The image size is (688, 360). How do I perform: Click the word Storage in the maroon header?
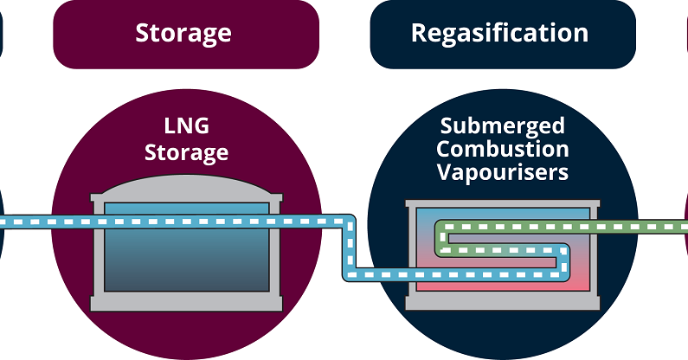click(x=183, y=34)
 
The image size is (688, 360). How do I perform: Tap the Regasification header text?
click(x=499, y=34)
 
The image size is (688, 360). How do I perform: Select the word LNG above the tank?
click(x=186, y=127)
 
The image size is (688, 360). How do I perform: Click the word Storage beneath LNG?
click(x=186, y=153)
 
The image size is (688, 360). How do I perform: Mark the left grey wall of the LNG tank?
click(x=98, y=251)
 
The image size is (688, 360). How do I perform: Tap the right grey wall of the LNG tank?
click(x=274, y=251)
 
